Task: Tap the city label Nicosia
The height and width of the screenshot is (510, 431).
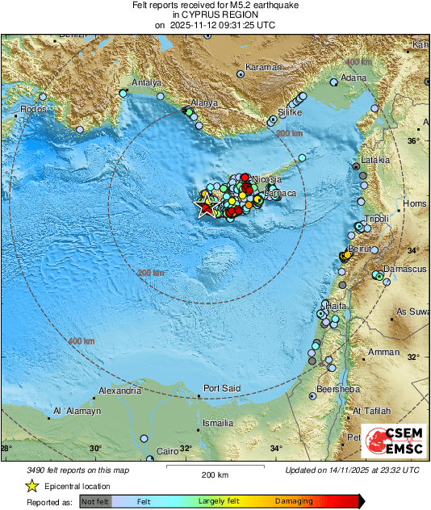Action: tap(266, 178)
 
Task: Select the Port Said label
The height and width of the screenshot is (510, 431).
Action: tap(222, 388)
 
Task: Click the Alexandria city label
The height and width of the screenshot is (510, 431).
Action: tap(119, 391)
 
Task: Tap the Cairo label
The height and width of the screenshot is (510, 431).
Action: tap(168, 450)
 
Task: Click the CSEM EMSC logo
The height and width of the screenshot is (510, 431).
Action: tap(391, 442)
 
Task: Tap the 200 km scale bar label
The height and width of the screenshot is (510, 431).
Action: tap(214, 474)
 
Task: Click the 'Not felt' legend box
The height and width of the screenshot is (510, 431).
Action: tap(96, 501)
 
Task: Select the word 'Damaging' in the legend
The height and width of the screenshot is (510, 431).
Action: tap(295, 501)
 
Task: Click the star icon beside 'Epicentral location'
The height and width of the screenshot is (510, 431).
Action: tap(31, 486)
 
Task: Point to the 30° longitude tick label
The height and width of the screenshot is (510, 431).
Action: tap(95, 449)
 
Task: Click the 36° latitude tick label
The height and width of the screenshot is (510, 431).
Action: tap(412, 140)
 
